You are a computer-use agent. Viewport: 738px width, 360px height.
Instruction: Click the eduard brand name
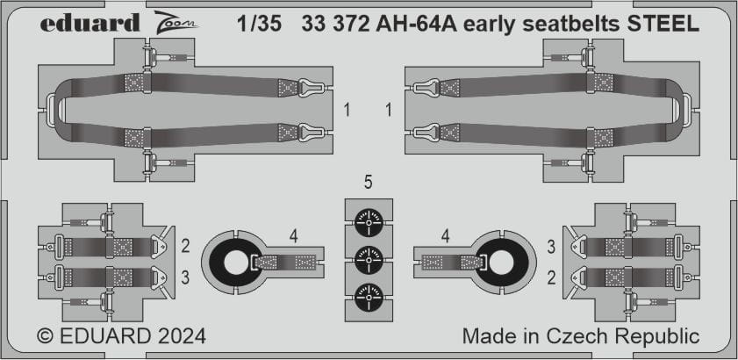tap(90, 23)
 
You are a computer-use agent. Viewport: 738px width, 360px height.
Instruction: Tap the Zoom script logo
tap(176, 22)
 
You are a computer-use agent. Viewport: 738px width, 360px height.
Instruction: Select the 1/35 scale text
tap(260, 24)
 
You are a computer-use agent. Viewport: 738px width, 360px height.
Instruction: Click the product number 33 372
tap(335, 24)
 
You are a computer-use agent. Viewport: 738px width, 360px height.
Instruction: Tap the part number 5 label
tap(369, 183)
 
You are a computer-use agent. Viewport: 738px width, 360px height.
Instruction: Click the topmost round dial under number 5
tap(369, 221)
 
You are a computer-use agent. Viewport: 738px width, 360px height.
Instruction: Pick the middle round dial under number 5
tap(369, 259)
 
